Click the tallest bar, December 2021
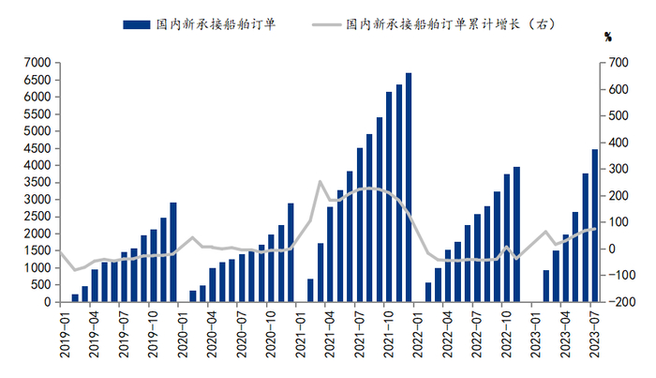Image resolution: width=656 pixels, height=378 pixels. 409,187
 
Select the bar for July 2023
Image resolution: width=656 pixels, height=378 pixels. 595,226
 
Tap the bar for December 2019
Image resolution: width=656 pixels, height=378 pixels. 173,252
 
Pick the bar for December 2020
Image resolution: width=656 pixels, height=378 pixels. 291,252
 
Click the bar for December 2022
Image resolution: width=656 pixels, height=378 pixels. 516,234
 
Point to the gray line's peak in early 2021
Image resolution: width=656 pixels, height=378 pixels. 321,181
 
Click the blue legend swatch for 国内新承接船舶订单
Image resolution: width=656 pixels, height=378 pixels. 137,24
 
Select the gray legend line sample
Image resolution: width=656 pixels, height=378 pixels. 327,24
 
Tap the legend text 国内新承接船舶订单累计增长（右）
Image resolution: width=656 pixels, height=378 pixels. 451,24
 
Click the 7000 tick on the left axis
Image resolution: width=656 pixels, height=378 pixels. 37,63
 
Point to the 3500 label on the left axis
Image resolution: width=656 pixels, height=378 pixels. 37,183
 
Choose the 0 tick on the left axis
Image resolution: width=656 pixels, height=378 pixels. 47,302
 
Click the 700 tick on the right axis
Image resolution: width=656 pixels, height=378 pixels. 619,63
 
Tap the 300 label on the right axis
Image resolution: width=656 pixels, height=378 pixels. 619,169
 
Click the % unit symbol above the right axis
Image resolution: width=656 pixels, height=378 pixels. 608,38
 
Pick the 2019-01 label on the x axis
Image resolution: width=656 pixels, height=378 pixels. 65,331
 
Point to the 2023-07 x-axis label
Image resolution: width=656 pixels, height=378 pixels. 594,331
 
